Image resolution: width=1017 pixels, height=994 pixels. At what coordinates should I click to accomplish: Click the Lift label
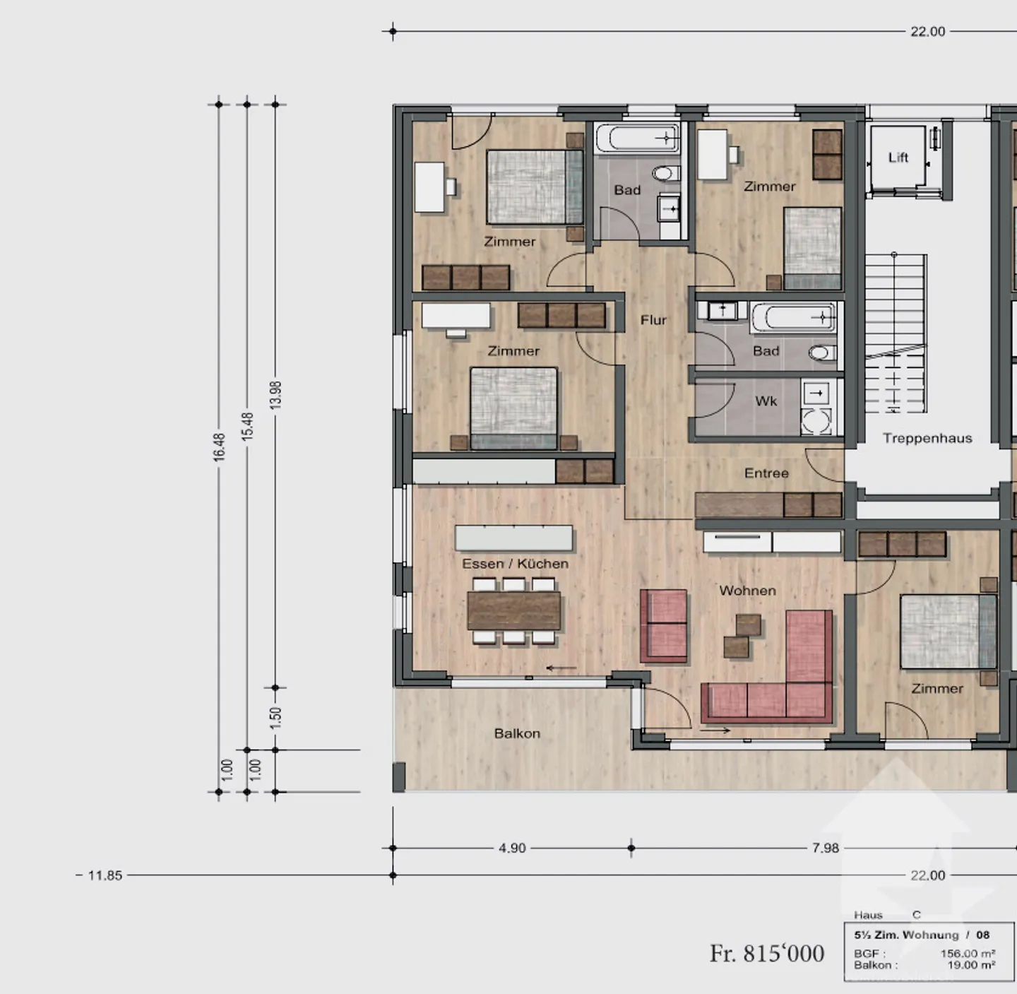(x=898, y=158)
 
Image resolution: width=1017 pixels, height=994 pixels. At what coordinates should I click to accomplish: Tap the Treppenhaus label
(x=927, y=438)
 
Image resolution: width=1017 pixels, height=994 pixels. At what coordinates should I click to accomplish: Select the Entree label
(x=766, y=473)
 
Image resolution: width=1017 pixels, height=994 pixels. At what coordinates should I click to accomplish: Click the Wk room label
(x=766, y=401)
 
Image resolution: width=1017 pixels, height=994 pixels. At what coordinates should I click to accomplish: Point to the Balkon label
(x=517, y=733)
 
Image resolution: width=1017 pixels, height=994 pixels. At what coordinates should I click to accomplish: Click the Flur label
(x=653, y=320)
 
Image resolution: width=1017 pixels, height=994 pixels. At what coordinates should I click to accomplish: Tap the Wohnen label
(x=747, y=591)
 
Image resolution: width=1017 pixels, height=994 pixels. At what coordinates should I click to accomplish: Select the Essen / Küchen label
(x=516, y=564)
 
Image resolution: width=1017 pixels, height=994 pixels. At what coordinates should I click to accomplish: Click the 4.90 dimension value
(x=512, y=848)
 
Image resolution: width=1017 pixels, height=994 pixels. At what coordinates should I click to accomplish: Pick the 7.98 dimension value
(x=825, y=848)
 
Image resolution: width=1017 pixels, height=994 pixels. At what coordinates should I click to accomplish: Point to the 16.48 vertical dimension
(x=219, y=447)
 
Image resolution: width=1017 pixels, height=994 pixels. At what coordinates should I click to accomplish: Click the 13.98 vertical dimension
(x=276, y=396)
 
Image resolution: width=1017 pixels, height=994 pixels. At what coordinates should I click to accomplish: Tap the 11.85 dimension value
(x=105, y=875)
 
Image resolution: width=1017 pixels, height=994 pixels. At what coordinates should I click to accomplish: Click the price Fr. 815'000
(x=767, y=954)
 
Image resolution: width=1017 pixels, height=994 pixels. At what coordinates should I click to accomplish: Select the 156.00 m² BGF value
(x=968, y=954)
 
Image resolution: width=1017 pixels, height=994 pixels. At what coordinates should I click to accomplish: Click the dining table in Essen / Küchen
(x=513, y=610)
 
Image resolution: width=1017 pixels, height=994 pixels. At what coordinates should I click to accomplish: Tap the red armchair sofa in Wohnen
(x=664, y=626)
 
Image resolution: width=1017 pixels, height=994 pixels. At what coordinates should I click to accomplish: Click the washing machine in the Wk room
(x=816, y=422)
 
